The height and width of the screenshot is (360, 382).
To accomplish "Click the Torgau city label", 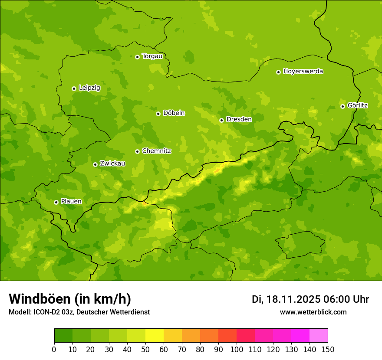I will [152, 56].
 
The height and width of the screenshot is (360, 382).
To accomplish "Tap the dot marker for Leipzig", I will [74, 88].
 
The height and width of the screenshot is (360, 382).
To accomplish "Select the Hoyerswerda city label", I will [303, 72].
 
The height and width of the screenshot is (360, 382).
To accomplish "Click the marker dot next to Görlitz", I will [342, 106].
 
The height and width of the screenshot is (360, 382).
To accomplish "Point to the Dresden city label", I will [239, 119].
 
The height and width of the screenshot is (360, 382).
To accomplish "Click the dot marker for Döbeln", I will [158, 114].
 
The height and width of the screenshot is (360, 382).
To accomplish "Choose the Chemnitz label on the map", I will [156, 151].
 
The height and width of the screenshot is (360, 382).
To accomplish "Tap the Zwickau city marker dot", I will [95, 164].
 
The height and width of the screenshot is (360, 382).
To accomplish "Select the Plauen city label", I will [71, 202].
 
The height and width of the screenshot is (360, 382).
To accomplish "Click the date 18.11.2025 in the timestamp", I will [293, 299].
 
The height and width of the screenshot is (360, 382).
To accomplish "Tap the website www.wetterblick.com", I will [313, 312].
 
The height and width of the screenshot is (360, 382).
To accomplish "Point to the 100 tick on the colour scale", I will [237, 349].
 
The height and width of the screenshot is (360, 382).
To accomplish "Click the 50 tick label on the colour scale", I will [145, 349].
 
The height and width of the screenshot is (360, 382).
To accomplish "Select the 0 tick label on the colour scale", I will [54, 349].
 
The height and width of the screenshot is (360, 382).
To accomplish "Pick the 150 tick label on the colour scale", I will [328, 349].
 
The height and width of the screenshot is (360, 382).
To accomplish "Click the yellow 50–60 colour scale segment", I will [155, 336].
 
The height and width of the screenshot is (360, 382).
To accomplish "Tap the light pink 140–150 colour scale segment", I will [319, 336].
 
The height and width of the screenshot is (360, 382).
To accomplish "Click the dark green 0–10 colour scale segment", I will [63, 336].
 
